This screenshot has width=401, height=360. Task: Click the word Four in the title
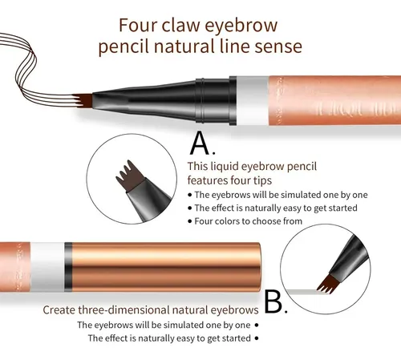click(x=138, y=25)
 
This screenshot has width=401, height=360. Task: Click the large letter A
click(x=200, y=144)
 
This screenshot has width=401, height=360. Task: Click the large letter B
click(x=273, y=301)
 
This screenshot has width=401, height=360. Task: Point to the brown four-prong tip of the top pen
click(x=83, y=100)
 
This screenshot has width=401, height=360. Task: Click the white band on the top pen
click(x=253, y=101)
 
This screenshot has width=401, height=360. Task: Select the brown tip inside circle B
click(x=327, y=285)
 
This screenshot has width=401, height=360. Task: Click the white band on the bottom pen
click(x=47, y=267)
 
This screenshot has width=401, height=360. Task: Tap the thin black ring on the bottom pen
click(x=68, y=267)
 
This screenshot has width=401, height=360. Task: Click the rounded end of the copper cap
click(x=257, y=267)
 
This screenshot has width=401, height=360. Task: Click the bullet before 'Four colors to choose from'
click(x=190, y=221)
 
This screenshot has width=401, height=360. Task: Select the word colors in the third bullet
click(x=232, y=221)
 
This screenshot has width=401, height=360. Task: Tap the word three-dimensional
click(x=124, y=310)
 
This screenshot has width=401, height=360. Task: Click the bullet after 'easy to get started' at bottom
click(x=257, y=338)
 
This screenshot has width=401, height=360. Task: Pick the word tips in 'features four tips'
click(x=262, y=181)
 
